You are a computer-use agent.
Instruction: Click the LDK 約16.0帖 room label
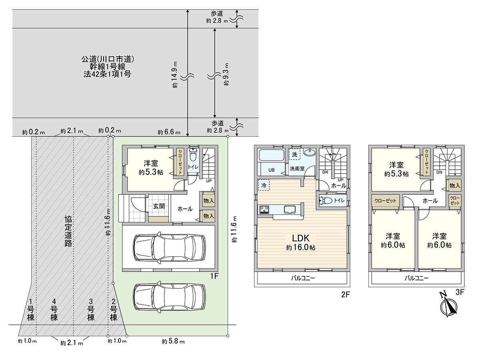pyautogui.click(x=301, y=242)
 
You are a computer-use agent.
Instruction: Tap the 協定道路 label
pyautogui.click(x=68, y=231)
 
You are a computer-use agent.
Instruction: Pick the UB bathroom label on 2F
pyautogui.click(x=271, y=170)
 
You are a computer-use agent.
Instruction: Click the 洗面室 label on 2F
pyautogui.click(x=297, y=168)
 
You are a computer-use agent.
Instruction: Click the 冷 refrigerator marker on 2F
pyautogui.click(x=264, y=185)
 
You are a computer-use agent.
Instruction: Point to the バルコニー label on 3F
pyautogui.click(x=416, y=278)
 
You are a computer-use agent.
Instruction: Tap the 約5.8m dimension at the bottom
pyautogui.click(x=173, y=341)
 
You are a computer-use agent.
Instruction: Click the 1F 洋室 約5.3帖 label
pyautogui.click(x=151, y=168)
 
